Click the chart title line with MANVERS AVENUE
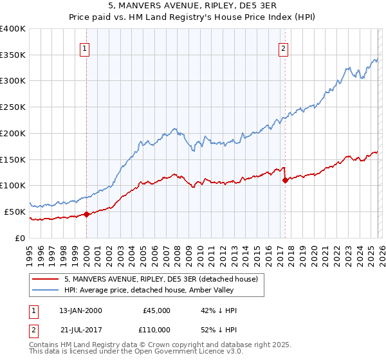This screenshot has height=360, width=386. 192,7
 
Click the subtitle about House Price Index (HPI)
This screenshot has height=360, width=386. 192,17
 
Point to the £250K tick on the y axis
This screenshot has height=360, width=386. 14,107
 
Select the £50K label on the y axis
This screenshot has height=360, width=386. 15,212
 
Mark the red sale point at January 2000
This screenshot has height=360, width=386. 86,214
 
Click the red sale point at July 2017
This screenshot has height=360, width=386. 285,181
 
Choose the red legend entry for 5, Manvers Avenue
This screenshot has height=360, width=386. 161,279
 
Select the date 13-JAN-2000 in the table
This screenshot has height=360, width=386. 80,310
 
